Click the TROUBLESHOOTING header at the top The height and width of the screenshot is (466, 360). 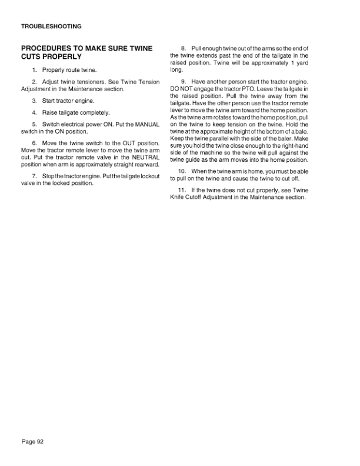[51, 26]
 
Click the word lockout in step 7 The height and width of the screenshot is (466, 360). [146, 176]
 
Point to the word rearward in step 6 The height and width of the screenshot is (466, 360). [145, 165]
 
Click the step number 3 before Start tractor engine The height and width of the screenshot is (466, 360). [35, 101]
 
